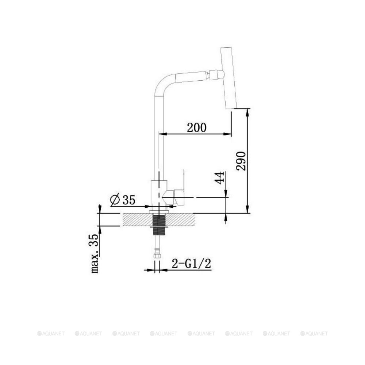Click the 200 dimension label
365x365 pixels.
[x=197, y=127]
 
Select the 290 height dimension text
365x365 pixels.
[x=241, y=161]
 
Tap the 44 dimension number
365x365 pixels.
[x=219, y=178]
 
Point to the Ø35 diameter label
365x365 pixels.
[x=123, y=200]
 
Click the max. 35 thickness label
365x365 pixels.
[x=95, y=253]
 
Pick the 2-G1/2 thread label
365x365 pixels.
[x=191, y=264]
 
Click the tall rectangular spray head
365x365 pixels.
[x=228, y=78]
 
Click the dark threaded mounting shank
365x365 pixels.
[x=158, y=224]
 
